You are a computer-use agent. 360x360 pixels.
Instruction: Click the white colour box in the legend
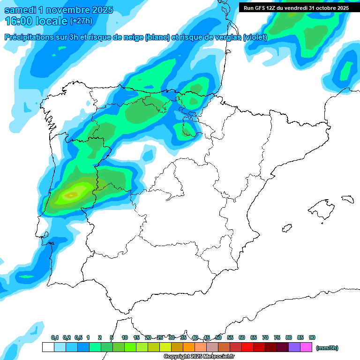click(48, 347)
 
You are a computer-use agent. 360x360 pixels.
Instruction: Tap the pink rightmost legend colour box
click(306, 347)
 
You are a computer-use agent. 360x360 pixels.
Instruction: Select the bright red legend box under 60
click(247, 347)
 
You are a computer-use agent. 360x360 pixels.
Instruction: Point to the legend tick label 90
click(312, 338)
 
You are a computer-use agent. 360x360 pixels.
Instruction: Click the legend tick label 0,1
click(55, 338)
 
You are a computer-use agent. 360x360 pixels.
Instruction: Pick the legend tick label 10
click(125, 338)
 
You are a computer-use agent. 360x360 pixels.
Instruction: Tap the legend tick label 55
click(230, 338)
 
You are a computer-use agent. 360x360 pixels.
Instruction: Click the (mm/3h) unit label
click(327, 348)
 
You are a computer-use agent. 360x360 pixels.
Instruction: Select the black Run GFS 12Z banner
click(296, 8)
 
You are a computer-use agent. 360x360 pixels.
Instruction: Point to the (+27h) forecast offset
click(81, 21)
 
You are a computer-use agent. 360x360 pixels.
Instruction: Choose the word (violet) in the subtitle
click(255, 37)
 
